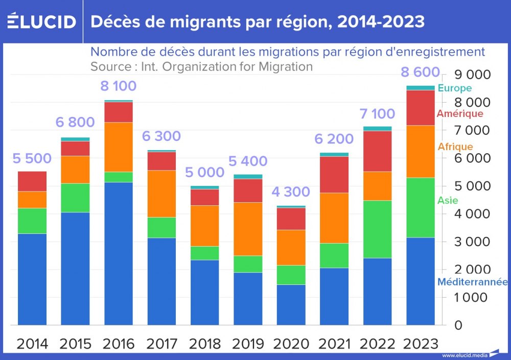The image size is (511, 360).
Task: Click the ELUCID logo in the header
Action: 42,21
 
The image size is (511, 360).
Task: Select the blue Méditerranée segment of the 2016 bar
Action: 119,253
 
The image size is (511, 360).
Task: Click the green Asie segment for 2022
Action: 378,229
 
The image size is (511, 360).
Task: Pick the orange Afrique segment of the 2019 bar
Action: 248,229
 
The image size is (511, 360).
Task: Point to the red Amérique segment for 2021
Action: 334,175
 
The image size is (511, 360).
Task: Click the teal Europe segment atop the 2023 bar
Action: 421,88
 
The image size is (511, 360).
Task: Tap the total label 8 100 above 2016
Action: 119,86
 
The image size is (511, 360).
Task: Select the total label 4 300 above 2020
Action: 291,191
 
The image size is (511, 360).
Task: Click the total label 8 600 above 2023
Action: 421,72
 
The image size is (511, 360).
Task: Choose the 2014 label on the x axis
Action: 32,344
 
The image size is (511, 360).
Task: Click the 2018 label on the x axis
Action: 205,344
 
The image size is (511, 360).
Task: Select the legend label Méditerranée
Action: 473,282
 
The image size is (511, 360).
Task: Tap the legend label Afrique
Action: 455,147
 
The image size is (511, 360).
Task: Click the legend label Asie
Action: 448,201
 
